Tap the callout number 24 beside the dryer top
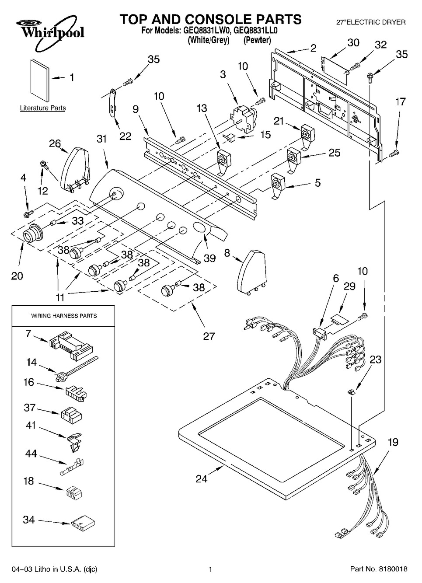pos(201,479)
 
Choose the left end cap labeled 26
pos(75,168)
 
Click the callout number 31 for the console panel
pos(101,139)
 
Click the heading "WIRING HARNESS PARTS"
pos(64,316)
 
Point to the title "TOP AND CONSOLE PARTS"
pos(211,19)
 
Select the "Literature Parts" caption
pos(43,108)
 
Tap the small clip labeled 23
pos(351,391)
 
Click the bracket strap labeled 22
pos(112,103)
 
